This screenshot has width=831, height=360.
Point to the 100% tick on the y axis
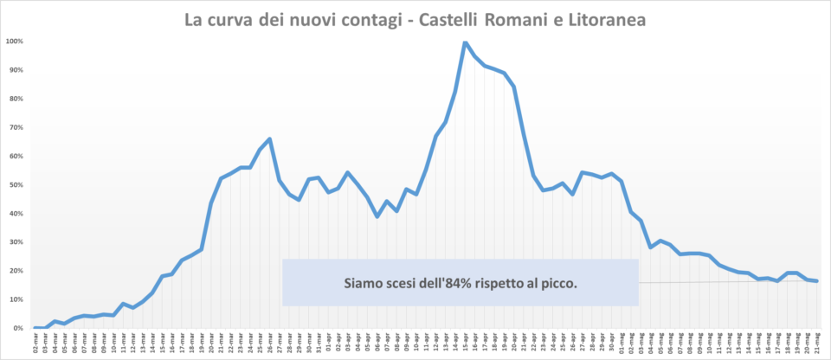(14, 42)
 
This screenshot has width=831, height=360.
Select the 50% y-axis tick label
(16, 185)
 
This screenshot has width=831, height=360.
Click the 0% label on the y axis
(17, 329)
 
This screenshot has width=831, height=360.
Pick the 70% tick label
(16, 127)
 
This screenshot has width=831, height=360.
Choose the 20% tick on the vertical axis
(16, 271)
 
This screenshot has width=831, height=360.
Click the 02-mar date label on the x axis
(35, 344)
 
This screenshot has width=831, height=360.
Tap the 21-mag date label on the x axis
(816, 344)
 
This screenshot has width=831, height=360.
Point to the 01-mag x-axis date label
(622, 344)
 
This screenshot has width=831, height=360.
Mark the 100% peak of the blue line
(465, 42)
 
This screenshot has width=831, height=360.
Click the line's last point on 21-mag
(816, 280)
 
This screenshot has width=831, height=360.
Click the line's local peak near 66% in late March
(270, 138)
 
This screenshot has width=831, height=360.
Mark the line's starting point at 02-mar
(35, 328)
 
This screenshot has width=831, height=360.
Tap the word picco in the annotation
(558, 283)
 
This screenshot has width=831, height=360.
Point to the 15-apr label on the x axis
(465, 344)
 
